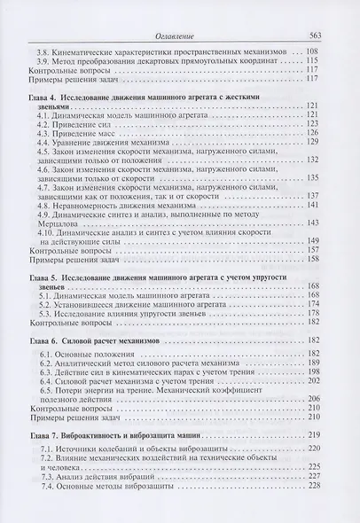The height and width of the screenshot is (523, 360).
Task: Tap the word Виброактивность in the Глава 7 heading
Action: coord(102,436)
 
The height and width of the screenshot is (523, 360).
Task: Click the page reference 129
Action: coord(313,152)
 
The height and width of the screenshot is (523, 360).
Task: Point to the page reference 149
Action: coord(313,239)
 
